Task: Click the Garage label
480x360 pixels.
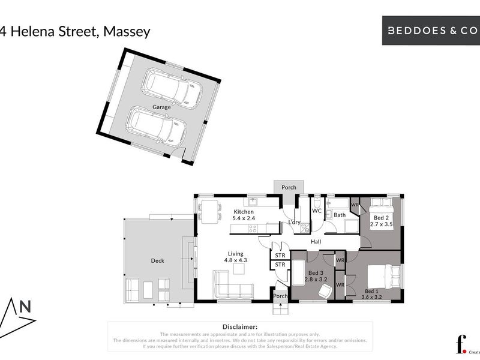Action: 161,107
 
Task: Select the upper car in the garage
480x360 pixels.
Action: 171,87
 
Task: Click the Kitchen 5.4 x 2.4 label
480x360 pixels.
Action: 244,215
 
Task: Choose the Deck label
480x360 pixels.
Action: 158,260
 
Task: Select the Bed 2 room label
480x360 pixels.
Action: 380,220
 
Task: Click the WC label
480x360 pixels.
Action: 317,211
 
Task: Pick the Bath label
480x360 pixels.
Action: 340,215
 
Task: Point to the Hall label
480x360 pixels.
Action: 316,242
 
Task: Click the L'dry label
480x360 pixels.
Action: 294,223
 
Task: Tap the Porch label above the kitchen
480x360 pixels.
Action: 289,187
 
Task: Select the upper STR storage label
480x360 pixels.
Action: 280,255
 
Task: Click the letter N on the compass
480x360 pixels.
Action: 26,307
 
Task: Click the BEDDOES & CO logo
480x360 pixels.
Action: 431,31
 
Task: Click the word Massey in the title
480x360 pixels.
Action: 127,31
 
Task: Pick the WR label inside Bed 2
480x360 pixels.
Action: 355,205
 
